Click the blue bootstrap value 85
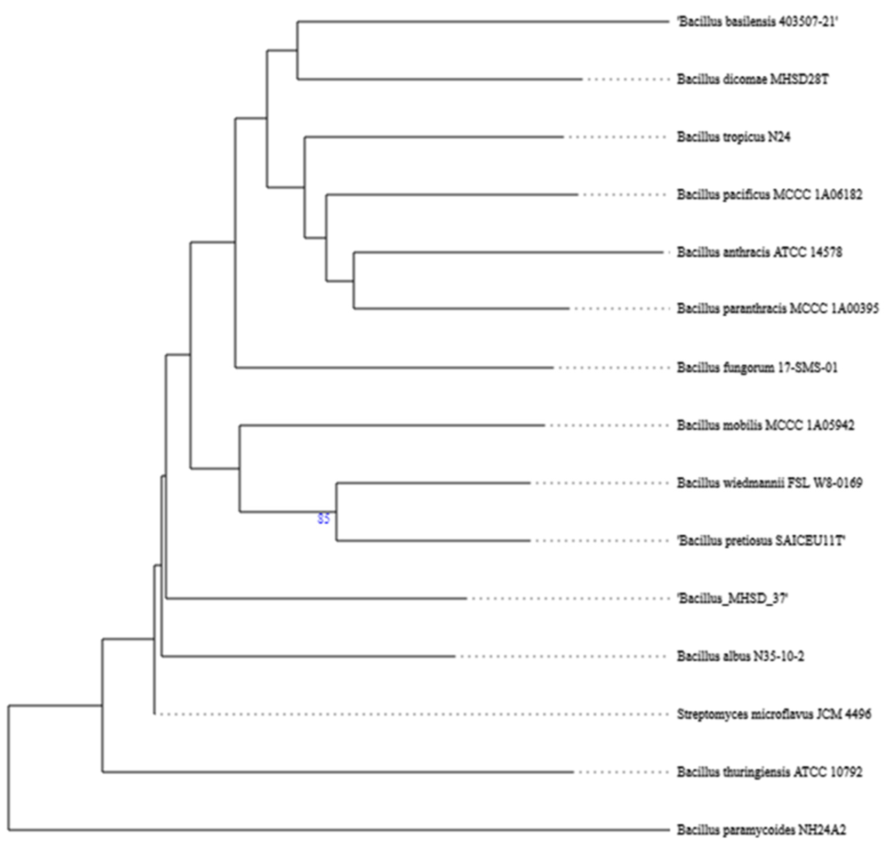pyautogui.click(x=323, y=519)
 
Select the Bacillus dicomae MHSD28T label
pyautogui.click(x=752, y=80)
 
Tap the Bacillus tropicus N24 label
pyautogui.click(x=733, y=137)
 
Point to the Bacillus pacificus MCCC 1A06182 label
pyautogui.click(x=769, y=195)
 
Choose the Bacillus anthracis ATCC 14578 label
pyautogui.click(x=759, y=252)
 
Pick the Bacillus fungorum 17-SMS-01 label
pyautogui.click(x=757, y=367)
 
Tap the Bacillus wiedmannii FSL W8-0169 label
pyautogui.click(x=769, y=483)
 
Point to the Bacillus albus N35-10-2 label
pyautogui.click(x=740, y=656)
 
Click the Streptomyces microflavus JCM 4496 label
pyautogui.click(x=774, y=714)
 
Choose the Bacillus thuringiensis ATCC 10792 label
pyautogui.click(x=769, y=772)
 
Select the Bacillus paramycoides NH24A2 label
pyautogui.click(x=761, y=829)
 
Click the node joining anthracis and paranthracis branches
pyautogui.click(x=354, y=280)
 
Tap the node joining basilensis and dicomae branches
pyautogui.click(x=297, y=50)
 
